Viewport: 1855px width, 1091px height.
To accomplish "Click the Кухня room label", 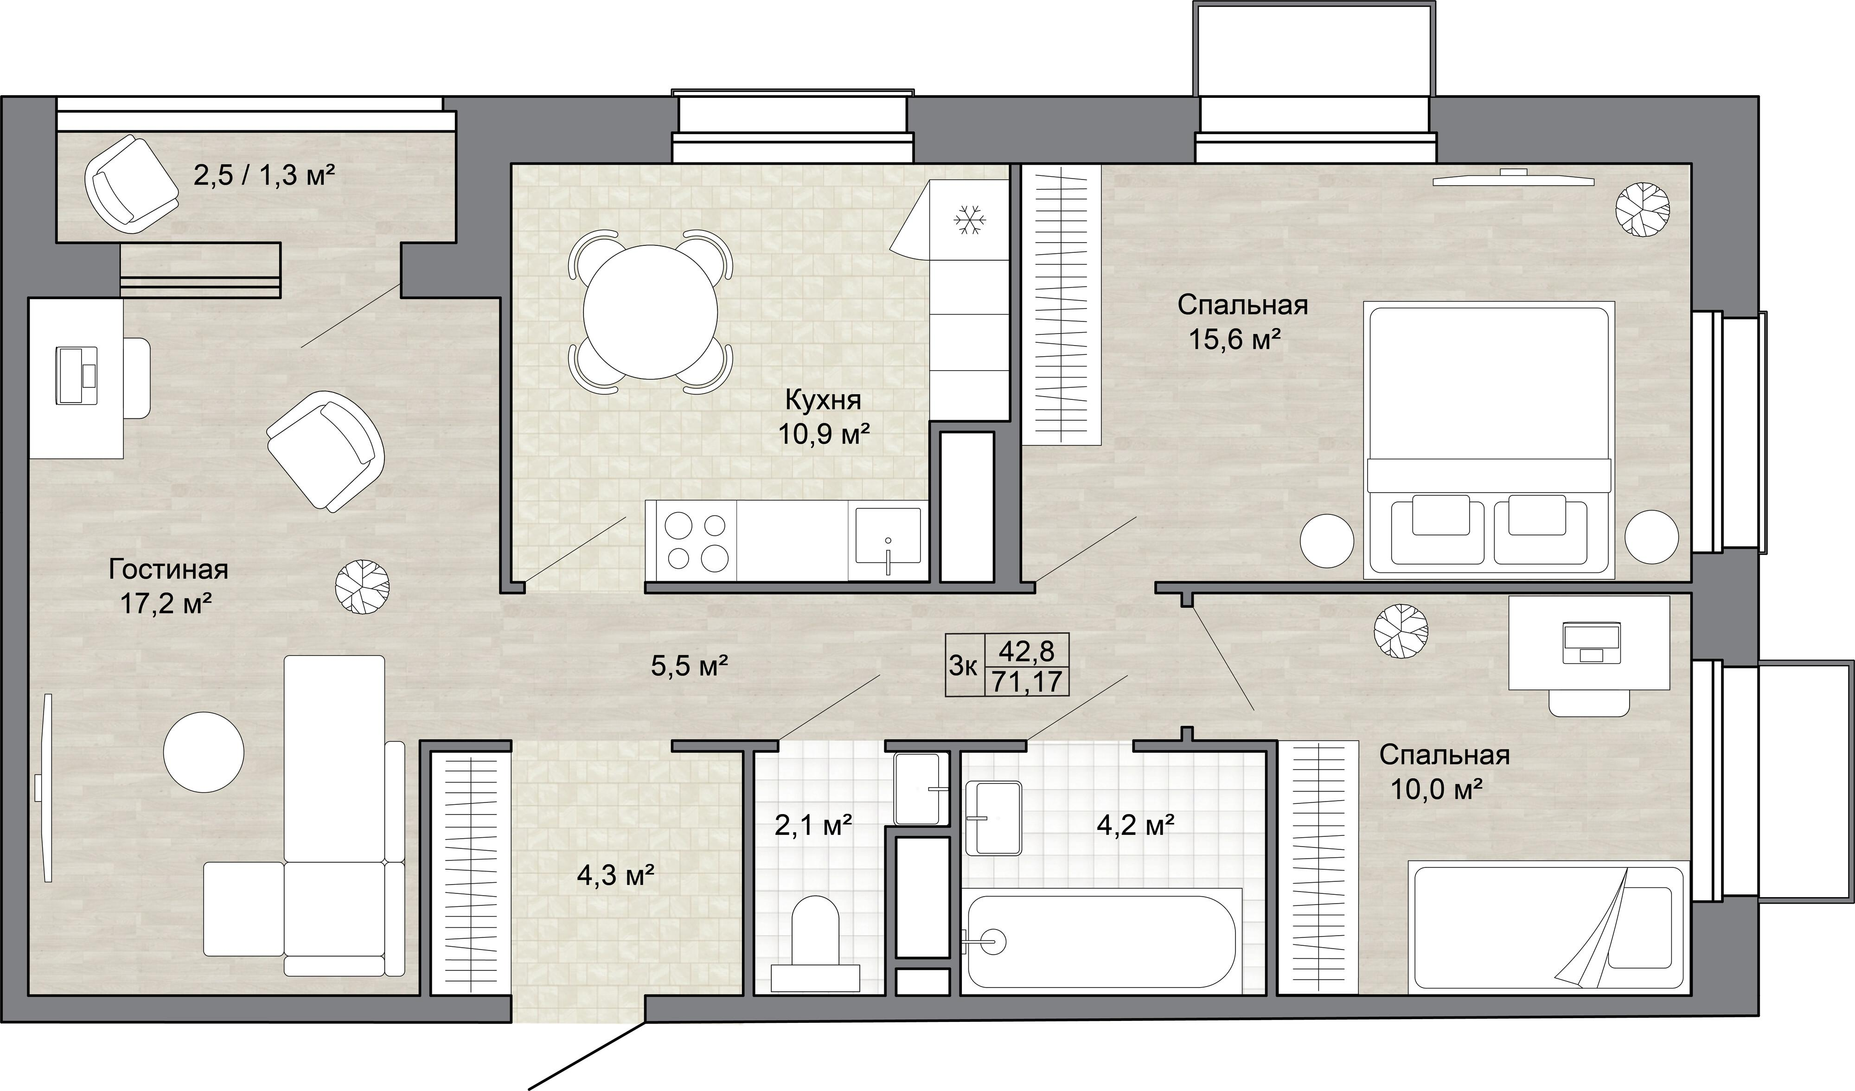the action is tap(823, 401).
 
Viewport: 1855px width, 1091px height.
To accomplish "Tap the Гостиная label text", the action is tap(168, 569).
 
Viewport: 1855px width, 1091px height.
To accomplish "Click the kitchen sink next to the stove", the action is tap(888, 541).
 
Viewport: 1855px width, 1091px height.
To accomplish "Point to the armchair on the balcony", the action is tap(133, 184).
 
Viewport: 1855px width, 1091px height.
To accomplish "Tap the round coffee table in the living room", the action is tap(203, 751).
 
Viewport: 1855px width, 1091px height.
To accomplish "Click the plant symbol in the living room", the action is tap(361, 587).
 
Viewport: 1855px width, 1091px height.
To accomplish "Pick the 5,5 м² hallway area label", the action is tap(690, 666).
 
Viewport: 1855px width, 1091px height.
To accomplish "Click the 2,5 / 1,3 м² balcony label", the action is tap(264, 176).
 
